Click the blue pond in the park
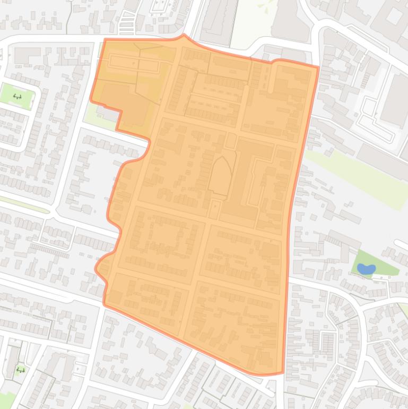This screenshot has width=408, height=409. (x=366, y=269)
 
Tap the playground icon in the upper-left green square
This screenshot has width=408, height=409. (x=18, y=97)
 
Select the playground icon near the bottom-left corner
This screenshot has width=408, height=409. (x=21, y=370)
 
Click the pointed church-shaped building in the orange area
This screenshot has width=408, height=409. (x=220, y=175)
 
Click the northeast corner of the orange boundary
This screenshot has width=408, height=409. (x=318, y=67)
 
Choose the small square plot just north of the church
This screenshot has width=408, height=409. (x=231, y=141)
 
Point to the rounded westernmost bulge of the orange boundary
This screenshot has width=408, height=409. (x=97, y=269)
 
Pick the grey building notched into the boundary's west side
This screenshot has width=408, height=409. (x=108, y=113)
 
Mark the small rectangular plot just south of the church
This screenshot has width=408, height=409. (x=214, y=209)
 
